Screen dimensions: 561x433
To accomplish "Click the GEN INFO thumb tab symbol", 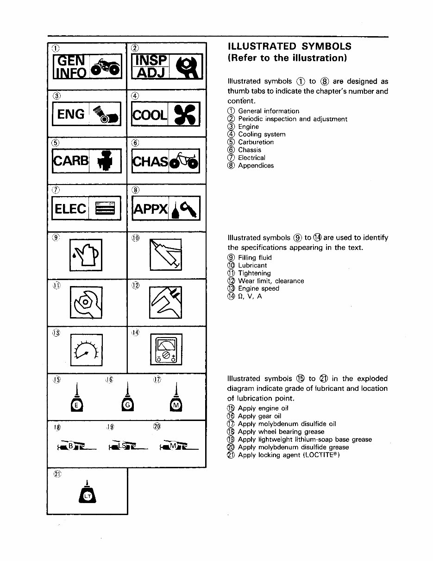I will click(x=87, y=66).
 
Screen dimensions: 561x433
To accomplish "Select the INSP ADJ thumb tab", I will click(x=166, y=66).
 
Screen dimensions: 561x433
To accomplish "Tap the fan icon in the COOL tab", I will click(x=184, y=114).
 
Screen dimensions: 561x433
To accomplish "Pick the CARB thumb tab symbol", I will click(x=87, y=161).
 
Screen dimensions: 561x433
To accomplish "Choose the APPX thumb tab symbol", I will click(x=166, y=209).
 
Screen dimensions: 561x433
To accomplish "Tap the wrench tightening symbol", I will click(x=86, y=302).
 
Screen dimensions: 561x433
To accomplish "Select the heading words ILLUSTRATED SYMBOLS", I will click(x=289, y=46).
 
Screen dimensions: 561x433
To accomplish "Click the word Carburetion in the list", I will click(x=256, y=142).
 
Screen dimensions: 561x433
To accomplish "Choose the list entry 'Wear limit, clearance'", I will click(x=271, y=281).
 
